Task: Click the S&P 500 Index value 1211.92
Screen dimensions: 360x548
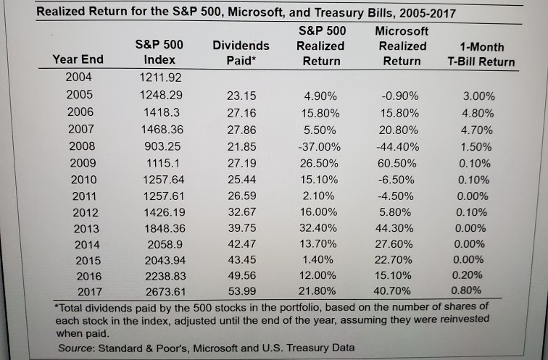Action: click(159, 77)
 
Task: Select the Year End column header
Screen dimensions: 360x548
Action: click(78, 59)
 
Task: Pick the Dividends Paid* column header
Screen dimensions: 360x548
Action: click(241, 52)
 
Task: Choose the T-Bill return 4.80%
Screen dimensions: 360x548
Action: click(479, 113)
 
